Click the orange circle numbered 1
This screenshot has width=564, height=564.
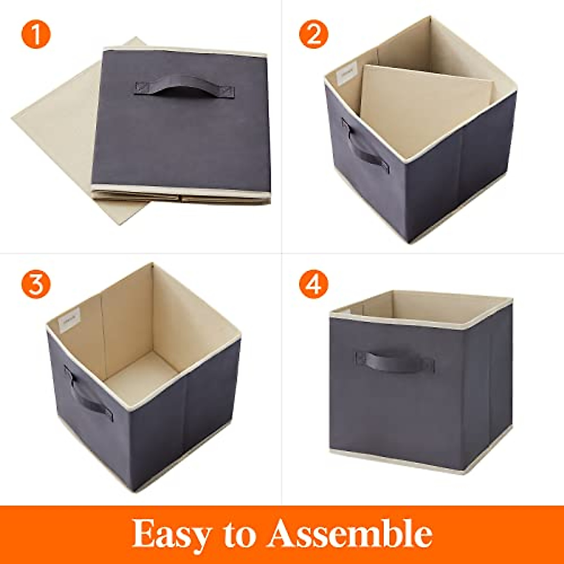coord(35,34)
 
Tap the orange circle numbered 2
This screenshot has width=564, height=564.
coord(313,34)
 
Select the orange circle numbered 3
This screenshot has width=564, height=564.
coord(35,284)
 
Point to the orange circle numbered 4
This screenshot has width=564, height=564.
coord(313,284)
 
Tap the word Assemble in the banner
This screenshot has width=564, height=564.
coord(350,533)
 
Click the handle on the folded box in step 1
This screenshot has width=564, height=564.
coord(185,86)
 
